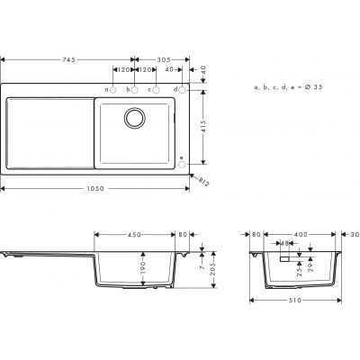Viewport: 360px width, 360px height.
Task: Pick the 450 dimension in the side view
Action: click(x=136, y=236)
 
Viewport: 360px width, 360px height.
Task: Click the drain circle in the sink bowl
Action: click(x=136, y=117)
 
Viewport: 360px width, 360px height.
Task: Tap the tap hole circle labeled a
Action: click(x=115, y=90)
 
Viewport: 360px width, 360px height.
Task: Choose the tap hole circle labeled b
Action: click(x=135, y=90)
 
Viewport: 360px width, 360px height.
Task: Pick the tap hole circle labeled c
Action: click(x=156, y=90)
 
